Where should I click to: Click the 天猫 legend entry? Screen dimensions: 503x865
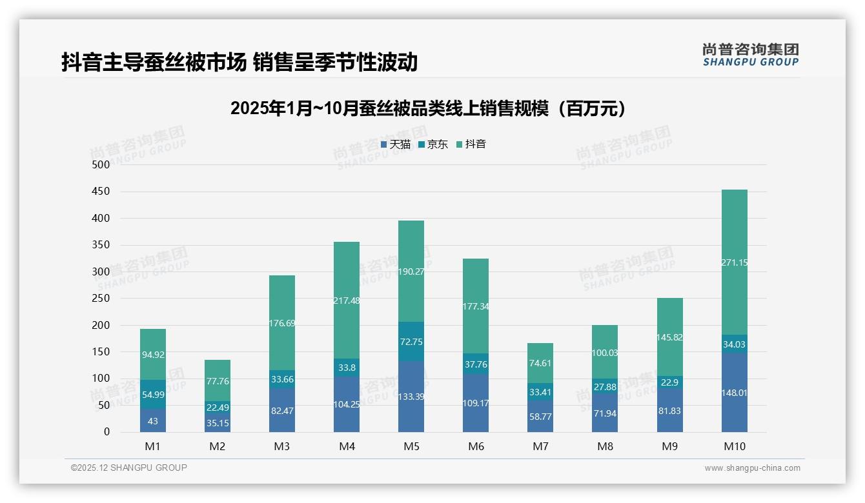[396, 144]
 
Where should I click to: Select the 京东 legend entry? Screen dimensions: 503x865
[433, 144]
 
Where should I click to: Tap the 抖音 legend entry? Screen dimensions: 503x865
[471, 144]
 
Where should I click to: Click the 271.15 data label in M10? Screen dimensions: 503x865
[734, 262]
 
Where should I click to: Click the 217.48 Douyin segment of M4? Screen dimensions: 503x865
[347, 300]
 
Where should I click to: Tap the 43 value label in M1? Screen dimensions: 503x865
[153, 421]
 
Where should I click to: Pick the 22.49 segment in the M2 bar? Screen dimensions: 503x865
[218, 407]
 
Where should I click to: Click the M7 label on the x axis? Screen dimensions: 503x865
[540, 446]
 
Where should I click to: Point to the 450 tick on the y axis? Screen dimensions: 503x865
[101, 192]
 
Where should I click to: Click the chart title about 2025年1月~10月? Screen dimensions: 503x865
[429, 108]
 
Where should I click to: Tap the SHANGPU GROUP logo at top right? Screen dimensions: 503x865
[750, 54]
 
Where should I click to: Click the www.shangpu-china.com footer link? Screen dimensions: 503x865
[752, 468]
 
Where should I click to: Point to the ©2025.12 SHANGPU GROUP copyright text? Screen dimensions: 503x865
[129, 468]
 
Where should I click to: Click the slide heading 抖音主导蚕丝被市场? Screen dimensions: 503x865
[239, 63]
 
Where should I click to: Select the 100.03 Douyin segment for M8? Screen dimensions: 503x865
[605, 352]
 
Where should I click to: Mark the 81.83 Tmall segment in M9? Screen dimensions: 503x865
[669, 411]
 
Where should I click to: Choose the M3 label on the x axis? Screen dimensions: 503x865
[282, 446]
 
